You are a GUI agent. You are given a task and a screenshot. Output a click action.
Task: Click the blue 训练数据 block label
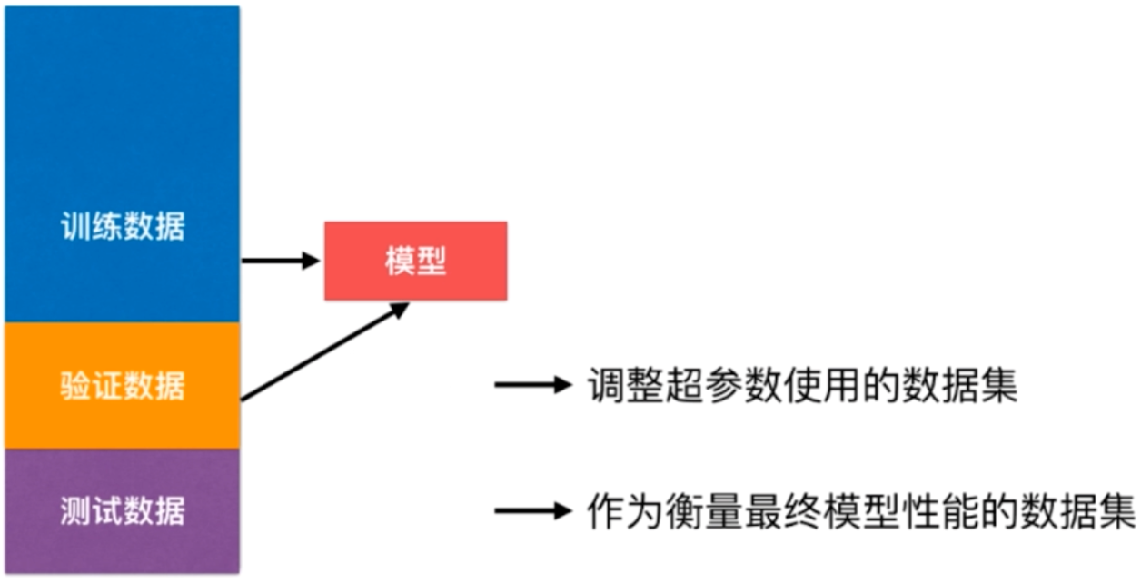point(122,226)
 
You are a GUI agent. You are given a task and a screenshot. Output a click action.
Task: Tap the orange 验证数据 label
point(122,386)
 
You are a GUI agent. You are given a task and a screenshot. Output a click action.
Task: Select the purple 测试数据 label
point(122,511)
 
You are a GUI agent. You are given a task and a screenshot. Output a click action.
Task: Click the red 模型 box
point(415,261)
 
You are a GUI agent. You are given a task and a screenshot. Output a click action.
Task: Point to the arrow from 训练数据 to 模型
point(281,262)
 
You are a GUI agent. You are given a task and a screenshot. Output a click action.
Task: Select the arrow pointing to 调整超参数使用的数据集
point(531,385)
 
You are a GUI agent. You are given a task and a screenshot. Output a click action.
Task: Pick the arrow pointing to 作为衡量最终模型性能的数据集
point(531,511)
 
